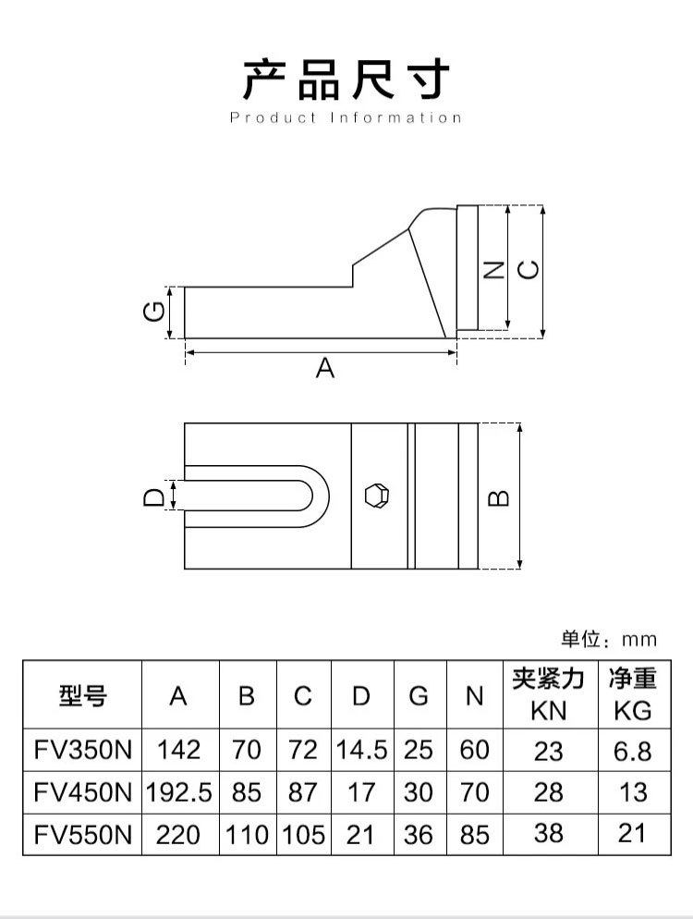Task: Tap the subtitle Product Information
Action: (x=346, y=117)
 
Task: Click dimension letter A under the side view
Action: (x=324, y=368)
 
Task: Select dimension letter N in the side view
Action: (x=494, y=269)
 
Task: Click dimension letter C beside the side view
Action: (x=527, y=269)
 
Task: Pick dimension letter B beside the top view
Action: (x=498, y=496)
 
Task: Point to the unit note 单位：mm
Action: (x=608, y=639)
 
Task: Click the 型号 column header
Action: (x=82, y=696)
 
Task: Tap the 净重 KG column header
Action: (x=632, y=694)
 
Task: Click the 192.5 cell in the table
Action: (x=179, y=792)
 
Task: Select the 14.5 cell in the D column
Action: (x=361, y=750)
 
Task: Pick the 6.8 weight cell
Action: (x=632, y=750)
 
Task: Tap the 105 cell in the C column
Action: (x=304, y=835)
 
